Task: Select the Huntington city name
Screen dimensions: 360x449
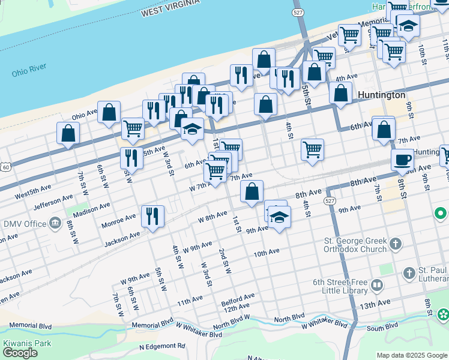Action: (x=381, y=95)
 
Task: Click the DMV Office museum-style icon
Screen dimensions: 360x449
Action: (x=55, y=224)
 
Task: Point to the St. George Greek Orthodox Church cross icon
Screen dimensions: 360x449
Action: (x=395, y=244)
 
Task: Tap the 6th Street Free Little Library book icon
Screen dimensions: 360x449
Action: (x=377, y=286)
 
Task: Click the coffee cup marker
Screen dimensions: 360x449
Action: (x=402, y=160)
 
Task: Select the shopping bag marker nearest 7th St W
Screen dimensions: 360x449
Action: (x=68, y=133)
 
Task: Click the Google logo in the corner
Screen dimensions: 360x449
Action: (x=20, y=353)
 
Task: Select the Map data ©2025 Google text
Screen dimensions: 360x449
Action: (x=412, y=355)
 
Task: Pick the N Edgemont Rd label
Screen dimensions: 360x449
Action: (x=162, y=346)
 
